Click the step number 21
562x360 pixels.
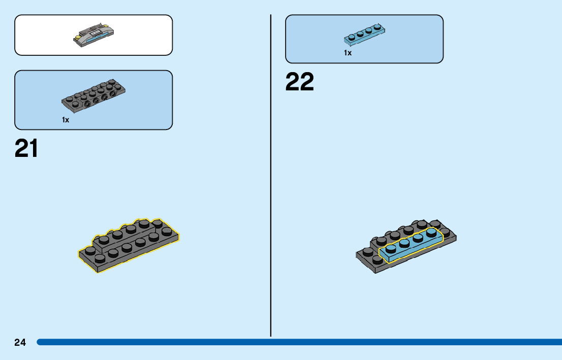tap(26, 148)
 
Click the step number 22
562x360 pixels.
tap(300, 82)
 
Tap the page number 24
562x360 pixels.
tap(20, 343)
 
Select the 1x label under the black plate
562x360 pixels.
tap(66, 120)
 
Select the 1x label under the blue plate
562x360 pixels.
tap(348, 53)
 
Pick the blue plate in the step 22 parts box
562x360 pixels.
tap(364, 33)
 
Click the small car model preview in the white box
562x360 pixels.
tap(95, 35)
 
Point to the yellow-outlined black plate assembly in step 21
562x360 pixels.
tap(129, 244)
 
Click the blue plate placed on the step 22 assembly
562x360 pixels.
tap(412, 245)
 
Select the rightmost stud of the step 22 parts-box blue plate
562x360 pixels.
tap(377, 26)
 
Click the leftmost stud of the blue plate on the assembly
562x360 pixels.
tap(391, 248)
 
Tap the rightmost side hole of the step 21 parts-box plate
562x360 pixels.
tap(113, 94)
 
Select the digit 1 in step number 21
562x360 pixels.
tap(33, 148)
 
